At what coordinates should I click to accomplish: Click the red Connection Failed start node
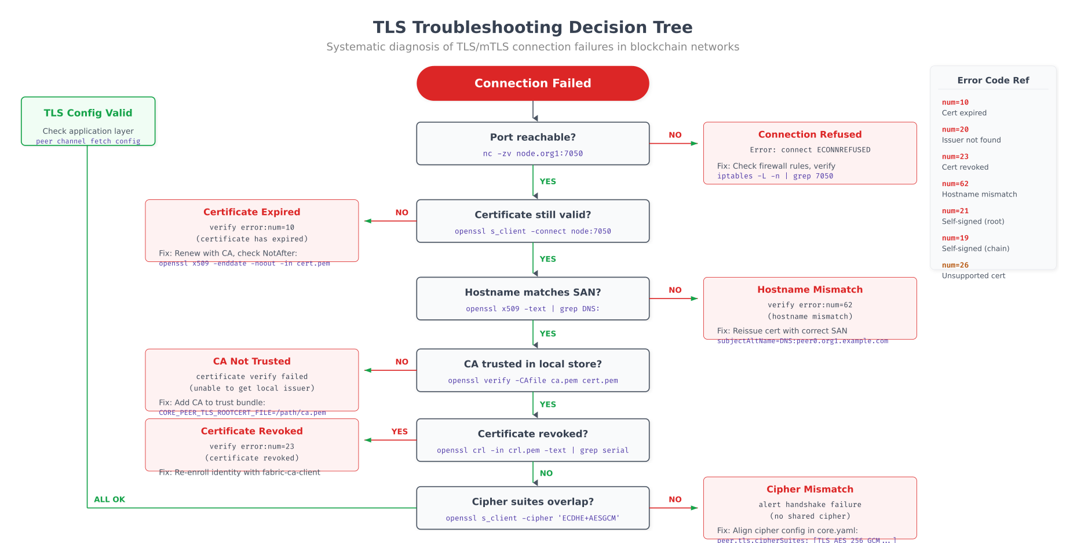coord(532,83)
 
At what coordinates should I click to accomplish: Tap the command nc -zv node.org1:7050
coord(532,154)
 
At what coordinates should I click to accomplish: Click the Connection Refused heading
coord(809,134)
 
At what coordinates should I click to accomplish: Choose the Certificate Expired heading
coord(251,212)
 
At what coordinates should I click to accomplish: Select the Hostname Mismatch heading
coord(809,290)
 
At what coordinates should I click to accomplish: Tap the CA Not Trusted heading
coord(251,362)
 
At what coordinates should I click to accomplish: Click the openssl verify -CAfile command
coord(532,381)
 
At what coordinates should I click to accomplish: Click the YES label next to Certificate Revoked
coord(399,432)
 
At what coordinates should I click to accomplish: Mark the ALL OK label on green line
coord(109,500)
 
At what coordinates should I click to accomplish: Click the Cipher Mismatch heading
coord(809,490)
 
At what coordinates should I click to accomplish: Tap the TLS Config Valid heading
coord(88,113)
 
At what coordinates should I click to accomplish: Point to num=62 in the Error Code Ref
coord(955,184)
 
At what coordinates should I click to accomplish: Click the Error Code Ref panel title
coord(992,81)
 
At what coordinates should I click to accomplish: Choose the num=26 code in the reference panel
coord(955,265)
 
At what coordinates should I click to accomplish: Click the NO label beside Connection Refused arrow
coord(675,135)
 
